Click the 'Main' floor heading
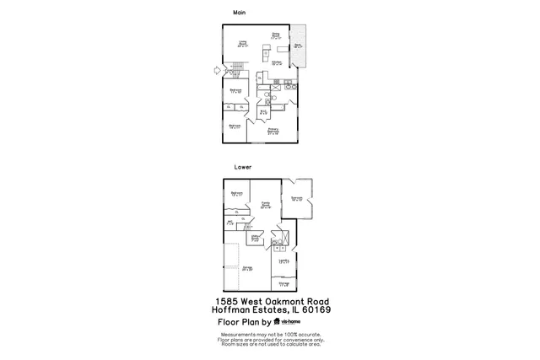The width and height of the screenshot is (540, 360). click(239, 12)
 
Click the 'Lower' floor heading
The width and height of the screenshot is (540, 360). click(242, 167)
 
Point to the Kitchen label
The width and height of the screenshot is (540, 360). click(277, 62)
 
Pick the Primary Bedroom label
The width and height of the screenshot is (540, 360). click(273, 131)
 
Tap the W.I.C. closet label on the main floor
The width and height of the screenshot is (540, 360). click(263, 111)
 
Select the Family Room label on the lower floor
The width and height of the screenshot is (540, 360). click(265, 205)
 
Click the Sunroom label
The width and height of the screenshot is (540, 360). click(297, 199)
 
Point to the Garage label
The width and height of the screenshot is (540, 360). click(247, 269)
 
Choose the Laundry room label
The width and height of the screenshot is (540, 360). click(284, 261)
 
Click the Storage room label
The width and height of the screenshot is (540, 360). click(284, 284)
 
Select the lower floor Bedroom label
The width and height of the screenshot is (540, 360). click(237, 194)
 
